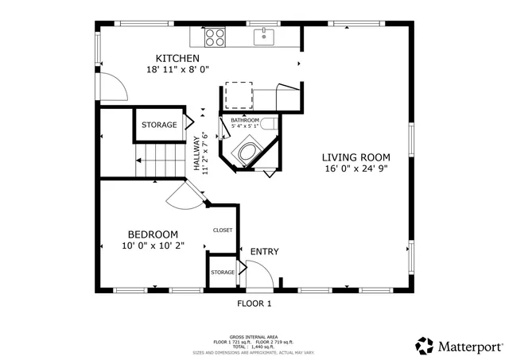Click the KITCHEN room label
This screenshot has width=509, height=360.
click(x=177, y=59)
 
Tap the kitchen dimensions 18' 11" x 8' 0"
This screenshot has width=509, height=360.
click(x=177, y=70)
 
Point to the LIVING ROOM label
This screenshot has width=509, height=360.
click(x=356, y=157)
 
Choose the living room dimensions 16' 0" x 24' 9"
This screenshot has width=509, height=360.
click(x=356, y=168)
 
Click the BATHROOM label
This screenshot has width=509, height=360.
click(x=245, y=120)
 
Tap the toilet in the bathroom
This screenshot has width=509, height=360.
click(x=269, y=123)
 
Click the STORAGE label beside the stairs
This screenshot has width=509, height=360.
click(x=159, y=126)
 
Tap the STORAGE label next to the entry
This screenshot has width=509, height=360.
click(x=223, y=273)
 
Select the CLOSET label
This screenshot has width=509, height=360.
click(x=223, y=230)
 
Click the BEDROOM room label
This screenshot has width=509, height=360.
click(x=153, y=234)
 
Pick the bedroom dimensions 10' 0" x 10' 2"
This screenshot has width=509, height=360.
click(x=153, y=246)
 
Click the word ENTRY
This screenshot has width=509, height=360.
click(x=264, y=252)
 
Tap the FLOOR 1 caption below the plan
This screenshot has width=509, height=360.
click(x=254, y=304)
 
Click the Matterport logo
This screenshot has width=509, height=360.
click(x=460, y=346)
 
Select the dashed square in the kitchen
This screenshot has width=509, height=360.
click(x=238, y=95)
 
